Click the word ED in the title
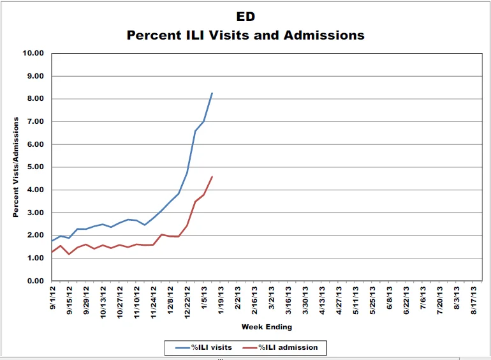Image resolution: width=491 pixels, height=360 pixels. [246, 17]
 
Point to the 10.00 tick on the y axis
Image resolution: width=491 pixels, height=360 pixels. [33, 53]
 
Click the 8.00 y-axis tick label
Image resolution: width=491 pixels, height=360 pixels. [35, 98]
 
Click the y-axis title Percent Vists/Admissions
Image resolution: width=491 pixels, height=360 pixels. [16, 167]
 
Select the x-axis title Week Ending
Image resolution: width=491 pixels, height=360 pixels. [267, 327]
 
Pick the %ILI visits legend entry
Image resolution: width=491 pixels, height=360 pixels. [203, 347]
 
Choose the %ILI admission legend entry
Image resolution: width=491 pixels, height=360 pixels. [281, 347]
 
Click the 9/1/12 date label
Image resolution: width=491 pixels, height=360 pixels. [52, 297]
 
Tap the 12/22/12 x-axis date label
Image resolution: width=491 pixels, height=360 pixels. [187, 303]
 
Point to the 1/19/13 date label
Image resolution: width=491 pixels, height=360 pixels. [221, 300]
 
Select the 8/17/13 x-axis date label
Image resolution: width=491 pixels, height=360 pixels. [473, 300]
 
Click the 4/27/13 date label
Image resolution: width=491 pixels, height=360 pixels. [339, 300]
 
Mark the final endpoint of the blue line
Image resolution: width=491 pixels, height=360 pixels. [212, 93]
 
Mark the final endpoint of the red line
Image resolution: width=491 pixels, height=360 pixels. [212, 177]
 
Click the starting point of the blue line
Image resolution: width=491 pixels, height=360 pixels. [52, 241]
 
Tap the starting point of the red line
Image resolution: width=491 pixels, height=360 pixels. [52, 252]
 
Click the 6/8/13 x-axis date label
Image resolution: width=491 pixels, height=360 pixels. [389, 297]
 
